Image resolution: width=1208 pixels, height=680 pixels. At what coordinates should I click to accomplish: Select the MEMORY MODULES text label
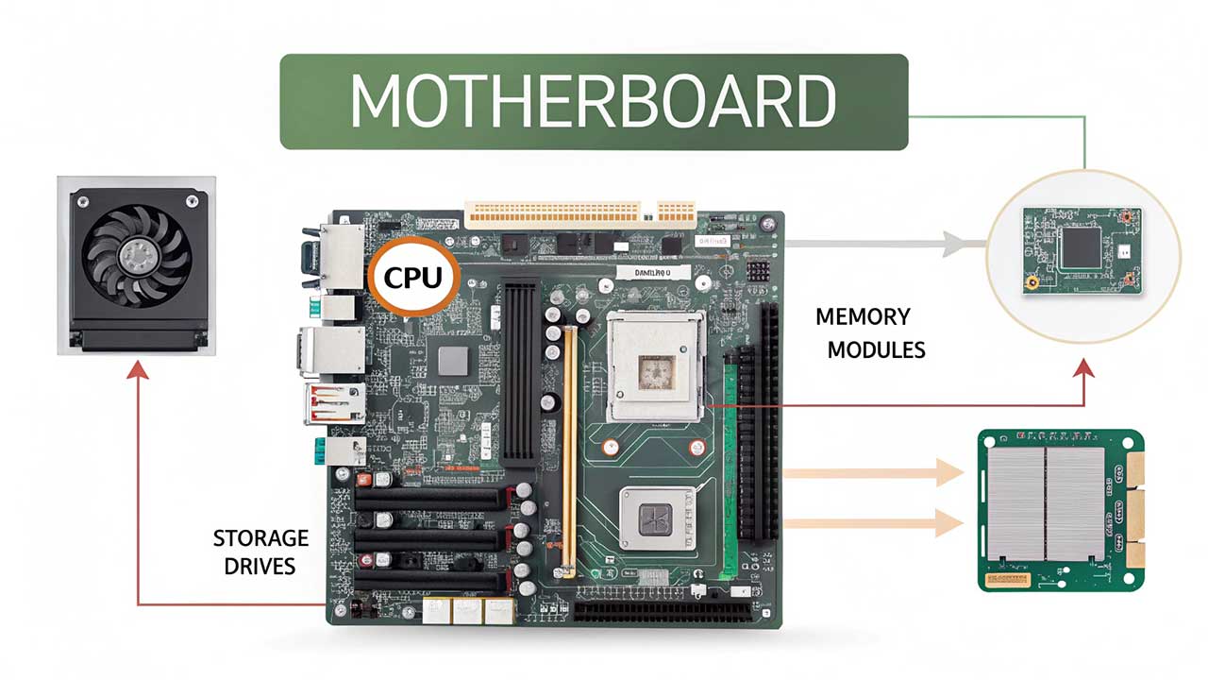(869, 332)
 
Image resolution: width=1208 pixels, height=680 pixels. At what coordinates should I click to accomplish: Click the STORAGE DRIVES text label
(260, 552)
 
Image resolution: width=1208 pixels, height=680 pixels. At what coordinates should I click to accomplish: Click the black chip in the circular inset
(1082, 246)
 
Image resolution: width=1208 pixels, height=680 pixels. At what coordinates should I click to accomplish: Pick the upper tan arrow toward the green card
(949, 472)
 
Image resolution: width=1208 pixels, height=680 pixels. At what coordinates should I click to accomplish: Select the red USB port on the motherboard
(332, 403)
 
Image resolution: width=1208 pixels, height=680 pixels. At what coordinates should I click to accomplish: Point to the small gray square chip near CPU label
(453, 360)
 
